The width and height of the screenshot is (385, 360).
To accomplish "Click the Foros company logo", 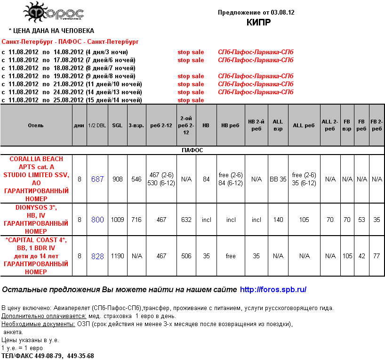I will pos(54,13).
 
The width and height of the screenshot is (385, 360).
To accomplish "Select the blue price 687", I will pos(97,179).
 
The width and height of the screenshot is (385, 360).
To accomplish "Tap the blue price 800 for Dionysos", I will pos(97,220).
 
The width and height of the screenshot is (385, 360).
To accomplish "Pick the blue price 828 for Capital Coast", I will pos(97,256).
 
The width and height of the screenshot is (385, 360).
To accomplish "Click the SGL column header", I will pos(117,126).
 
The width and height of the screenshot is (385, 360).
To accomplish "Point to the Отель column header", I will pos(36,126).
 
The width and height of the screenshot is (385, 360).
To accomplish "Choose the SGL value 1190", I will pos(117,256).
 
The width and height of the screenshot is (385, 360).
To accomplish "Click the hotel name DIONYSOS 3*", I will pos(36,207).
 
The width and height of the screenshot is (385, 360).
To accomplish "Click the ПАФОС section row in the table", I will pos(192,150).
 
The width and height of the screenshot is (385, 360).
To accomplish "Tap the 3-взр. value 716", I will pos(136,220).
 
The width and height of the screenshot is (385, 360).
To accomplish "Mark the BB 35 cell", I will pos(278,179).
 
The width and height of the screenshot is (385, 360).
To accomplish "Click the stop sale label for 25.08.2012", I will pos(191,100).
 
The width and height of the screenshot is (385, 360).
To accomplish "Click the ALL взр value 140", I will pos(278,220).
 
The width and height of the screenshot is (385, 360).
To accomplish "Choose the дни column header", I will pos(79,126).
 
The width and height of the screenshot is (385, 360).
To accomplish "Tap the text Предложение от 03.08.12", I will pos(256,12).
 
